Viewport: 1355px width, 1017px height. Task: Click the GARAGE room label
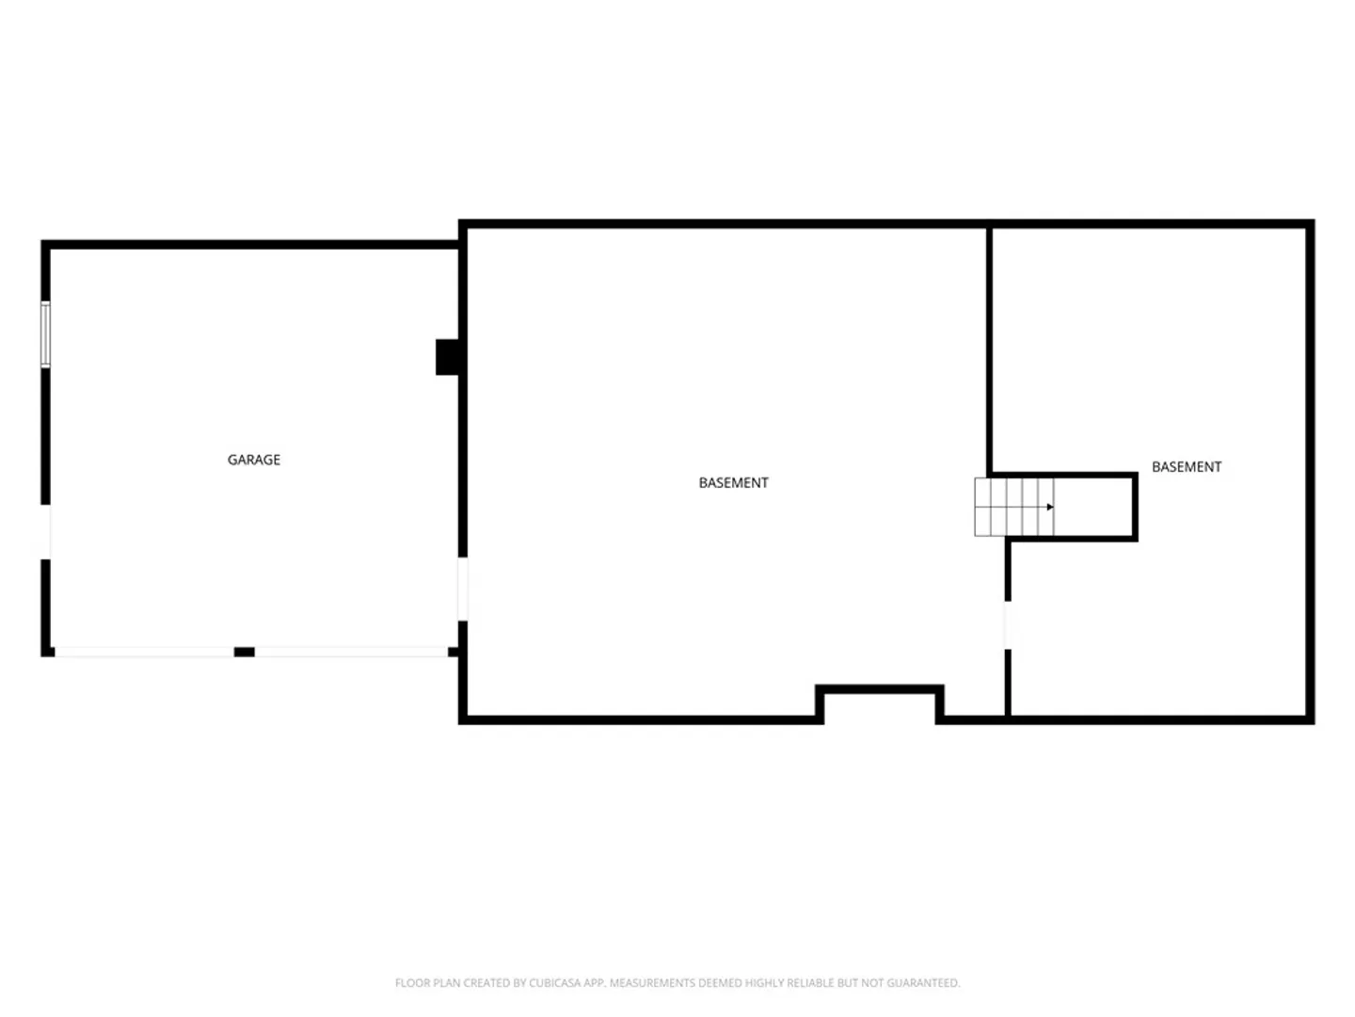coord(254,460)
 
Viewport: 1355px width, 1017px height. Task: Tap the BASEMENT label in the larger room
coord(733,483)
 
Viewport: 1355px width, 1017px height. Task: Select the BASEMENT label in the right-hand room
coord(1187,467)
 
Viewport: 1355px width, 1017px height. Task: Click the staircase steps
coord(1014,507)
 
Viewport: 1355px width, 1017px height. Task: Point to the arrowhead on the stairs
coord(1050,507)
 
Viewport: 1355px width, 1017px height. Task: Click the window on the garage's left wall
coord(45,334)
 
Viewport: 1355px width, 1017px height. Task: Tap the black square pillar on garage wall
coord(447,357)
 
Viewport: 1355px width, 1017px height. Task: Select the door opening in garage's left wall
coord(46,532)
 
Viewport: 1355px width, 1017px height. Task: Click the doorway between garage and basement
coord(462,589)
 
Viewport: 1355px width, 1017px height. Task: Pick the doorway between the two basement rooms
coord(1008,625)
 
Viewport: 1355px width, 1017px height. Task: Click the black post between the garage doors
coord(245,652)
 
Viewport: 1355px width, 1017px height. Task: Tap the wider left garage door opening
coord(145,652)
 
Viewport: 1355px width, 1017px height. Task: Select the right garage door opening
coord(351,652)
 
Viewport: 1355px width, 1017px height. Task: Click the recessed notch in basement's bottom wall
coord(879,704)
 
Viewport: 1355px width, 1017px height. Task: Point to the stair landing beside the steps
coord(1092,507)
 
